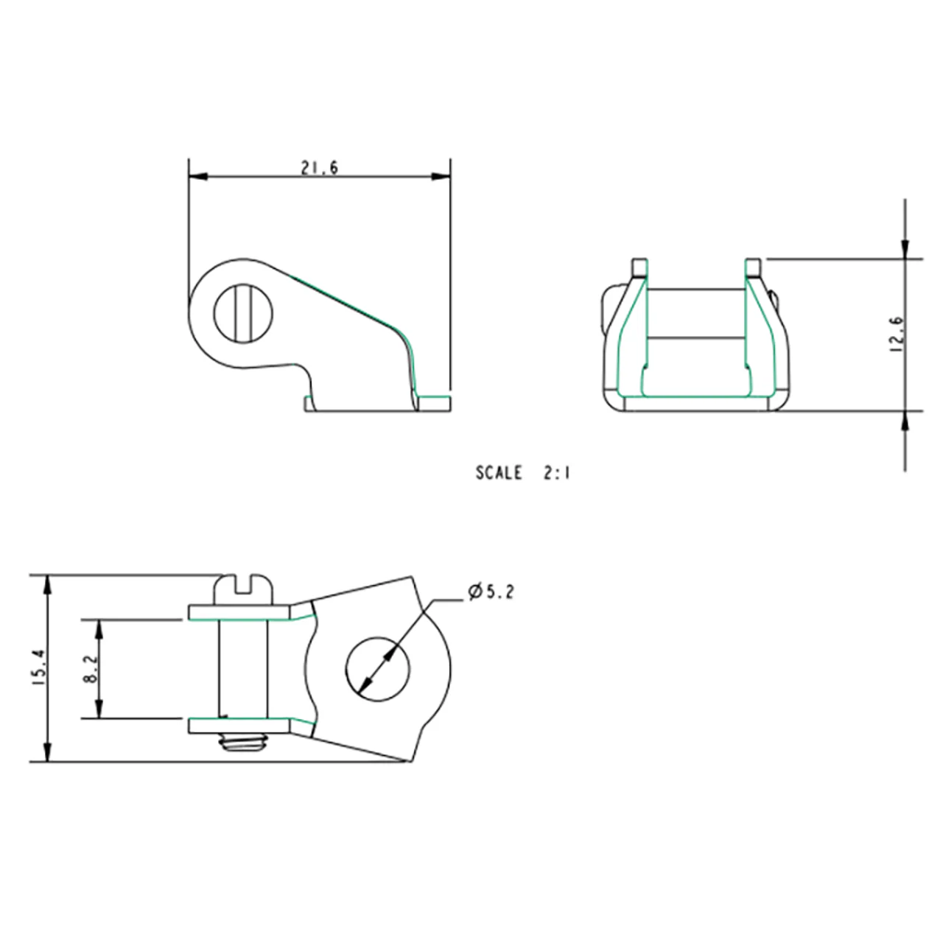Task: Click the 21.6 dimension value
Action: [319, 168]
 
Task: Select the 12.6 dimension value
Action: [897, 334]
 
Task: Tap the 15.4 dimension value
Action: [39, 667]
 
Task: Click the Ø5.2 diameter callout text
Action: [491, 592]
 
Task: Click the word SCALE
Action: [499, 473]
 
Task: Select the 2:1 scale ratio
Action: [557, 473]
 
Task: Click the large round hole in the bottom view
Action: [378, 669]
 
